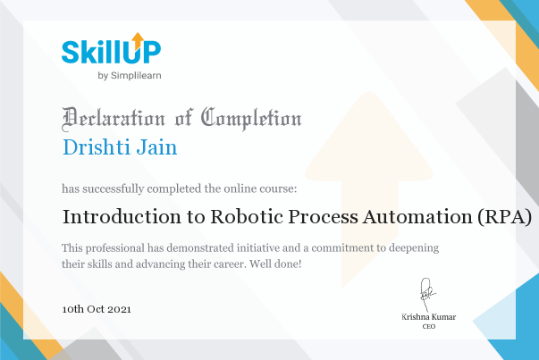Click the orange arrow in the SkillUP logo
[x=138, y=40]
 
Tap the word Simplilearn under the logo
[x=136, y=76]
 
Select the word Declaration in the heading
[x=114, y=119]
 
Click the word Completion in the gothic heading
[x=251, y=119]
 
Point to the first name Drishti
[x=96, y=147]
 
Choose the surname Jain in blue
[x=156, y=147]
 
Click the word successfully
[x=114, y=188]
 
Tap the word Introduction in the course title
[x=122, y=217]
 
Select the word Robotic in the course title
[x=247, y=217]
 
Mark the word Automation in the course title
[x=418, y=217]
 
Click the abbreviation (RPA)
[x=505, y=217]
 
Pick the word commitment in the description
[x=342, y=247]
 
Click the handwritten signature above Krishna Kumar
[x=427, y=294]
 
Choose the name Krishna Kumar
[x=429, y=317]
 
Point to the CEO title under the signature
[x=429, y=326]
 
